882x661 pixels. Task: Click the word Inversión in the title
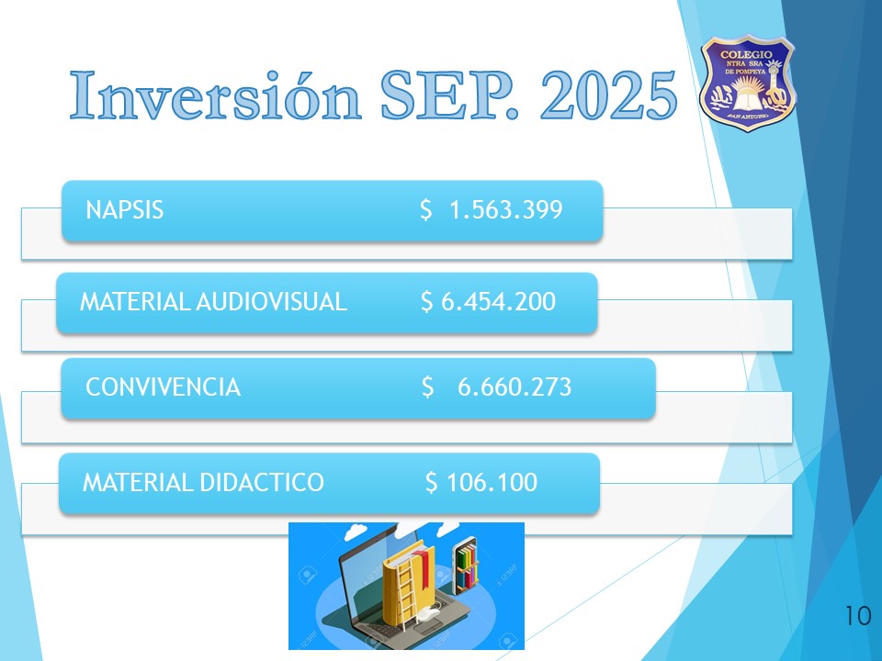point(215,95)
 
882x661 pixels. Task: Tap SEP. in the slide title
point(449,95)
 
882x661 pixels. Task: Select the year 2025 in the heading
point(608,95)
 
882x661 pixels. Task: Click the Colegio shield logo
point(747,83)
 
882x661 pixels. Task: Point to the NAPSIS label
point(124,210)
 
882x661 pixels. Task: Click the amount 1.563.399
point(505,210)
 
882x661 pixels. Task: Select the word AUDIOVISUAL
point(271,302)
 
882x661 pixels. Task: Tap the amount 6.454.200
point(498,302)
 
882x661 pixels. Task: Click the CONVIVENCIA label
point(164,387)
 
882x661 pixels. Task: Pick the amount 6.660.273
point(514,387)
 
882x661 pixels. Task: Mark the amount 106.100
point(492,483)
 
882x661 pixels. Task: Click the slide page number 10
point(858,616)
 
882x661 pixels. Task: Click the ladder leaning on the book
point(406,596)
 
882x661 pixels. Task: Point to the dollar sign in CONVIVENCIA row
point(427,387)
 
